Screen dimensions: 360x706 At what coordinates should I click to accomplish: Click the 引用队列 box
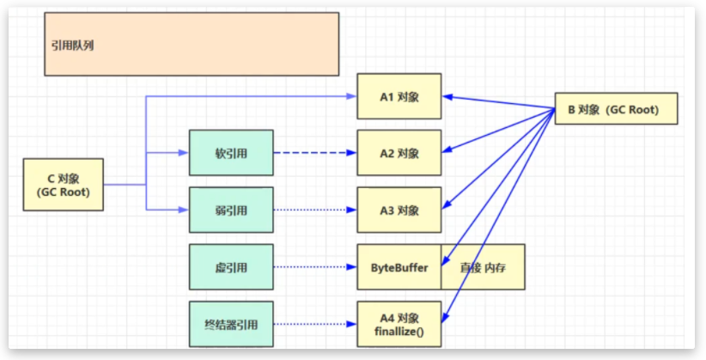click(x=192, y=44)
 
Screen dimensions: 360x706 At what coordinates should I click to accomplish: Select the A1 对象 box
click(x=399, y=95)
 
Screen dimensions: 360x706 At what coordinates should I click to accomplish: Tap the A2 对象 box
click(x=399, y=153)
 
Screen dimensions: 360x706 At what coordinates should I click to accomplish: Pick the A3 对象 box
click(x=399, y=210)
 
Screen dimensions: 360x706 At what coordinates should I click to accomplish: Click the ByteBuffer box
click(x=399, y=267)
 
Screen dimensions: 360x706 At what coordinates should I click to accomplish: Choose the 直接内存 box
click(x=482, y=267)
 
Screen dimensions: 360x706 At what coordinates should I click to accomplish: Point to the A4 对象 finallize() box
click(x=399, y=324)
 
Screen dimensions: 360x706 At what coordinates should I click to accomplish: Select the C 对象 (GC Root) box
click(x=64, y=185)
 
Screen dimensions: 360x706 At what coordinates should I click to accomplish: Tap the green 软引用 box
click(x=231, y=153)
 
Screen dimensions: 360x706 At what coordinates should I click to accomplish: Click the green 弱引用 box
click(x=231, y=210)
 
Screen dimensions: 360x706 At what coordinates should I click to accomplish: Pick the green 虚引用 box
click(x=231, y=267)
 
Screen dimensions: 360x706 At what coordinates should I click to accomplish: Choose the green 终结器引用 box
click(x=231, y=324)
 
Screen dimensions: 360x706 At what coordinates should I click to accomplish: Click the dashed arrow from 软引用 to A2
click(x=314, y=153)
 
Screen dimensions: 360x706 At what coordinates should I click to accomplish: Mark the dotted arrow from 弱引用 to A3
click(x=314, y=210)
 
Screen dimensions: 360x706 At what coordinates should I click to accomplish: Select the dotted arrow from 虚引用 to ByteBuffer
click(x=314, y=267)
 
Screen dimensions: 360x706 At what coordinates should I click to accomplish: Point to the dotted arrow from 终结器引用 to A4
click(x=314, y=324)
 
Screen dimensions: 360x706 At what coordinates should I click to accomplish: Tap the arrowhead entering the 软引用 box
click(x=184, y=153)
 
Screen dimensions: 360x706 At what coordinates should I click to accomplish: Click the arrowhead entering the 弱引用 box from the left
click(x=184, y=210)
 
